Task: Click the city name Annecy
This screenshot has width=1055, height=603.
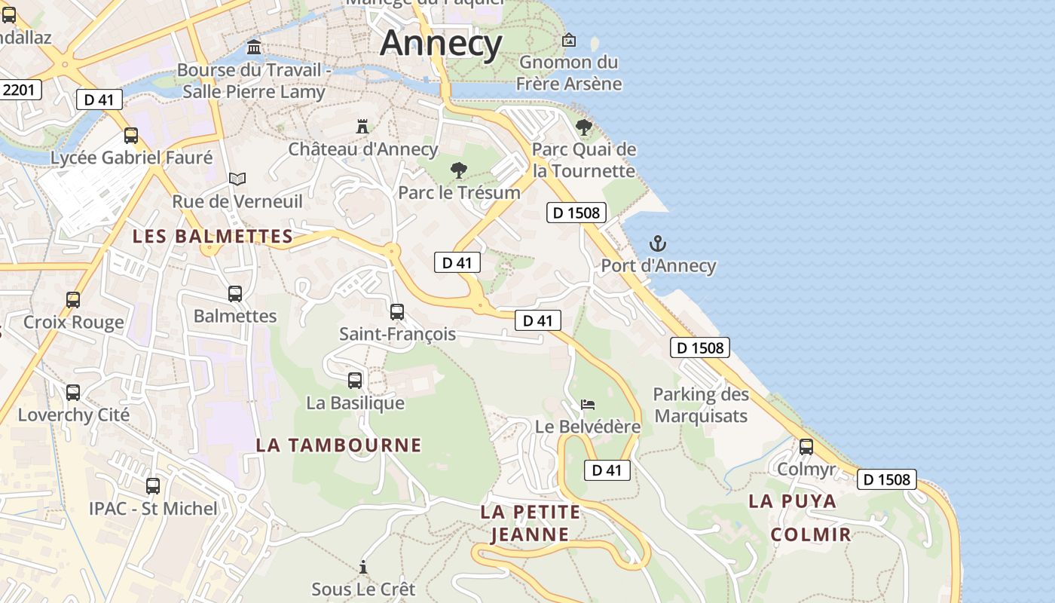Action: (x=441, y=43)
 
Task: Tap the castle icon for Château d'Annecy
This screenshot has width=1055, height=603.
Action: (x=362, y=126)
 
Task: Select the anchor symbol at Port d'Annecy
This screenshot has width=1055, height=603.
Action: (x=658, y=243)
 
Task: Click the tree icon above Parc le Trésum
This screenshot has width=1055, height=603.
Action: (x=457, y=170)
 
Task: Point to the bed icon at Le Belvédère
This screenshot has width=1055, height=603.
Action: (x=588, y=405)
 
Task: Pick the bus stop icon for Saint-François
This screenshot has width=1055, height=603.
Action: (x=397, y=311)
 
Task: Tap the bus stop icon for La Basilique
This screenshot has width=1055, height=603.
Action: (x=355, y=381)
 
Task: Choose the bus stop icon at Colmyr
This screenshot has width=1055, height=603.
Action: (x=806, y=447)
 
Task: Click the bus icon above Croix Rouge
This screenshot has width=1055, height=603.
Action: (x=73, y=300)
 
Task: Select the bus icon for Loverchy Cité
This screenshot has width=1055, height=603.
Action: (x=73, y=393)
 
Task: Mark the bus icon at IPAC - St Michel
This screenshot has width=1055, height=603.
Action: (x=153, y=486)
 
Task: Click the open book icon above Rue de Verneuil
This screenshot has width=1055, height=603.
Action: (x=237, y=179)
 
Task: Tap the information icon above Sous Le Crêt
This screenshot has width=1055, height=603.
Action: (x=363, y=567)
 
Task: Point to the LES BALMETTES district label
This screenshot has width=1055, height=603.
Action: (x=213, y=236)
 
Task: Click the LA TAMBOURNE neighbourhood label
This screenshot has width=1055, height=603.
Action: (x=338, y=445)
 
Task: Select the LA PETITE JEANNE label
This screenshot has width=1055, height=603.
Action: (x=531, y=523)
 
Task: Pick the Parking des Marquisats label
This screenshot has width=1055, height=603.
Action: (x=701, y=405)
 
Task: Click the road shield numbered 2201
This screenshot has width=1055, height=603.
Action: (x=18, y=90)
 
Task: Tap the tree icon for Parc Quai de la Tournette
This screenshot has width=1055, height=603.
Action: (x=583, y=127)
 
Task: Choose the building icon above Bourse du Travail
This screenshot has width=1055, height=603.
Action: (x=254, y=47)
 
